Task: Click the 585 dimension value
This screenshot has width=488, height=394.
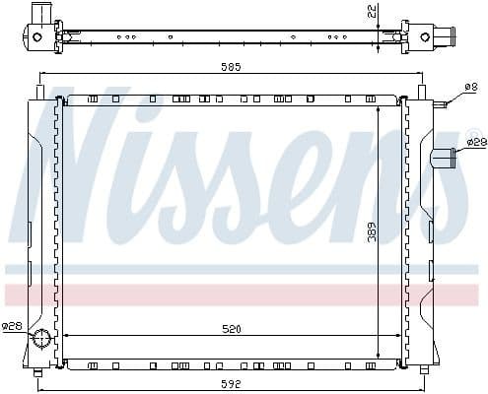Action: (x=231, y=66)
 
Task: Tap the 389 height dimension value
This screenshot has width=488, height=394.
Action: (x=372, y=233)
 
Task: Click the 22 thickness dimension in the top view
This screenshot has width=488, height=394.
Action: (x=371, y=11)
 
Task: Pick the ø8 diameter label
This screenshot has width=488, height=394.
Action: (x=470, y=88)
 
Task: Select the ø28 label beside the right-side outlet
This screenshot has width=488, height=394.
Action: (x=476, y=144)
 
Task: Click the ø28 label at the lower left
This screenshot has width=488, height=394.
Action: (x=12, y=325)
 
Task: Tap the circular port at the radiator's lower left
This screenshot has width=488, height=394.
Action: (x=41, y=340)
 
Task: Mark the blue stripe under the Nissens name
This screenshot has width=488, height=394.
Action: (x=237, y=268)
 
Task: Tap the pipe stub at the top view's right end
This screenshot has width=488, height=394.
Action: (x=449, y=36)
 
